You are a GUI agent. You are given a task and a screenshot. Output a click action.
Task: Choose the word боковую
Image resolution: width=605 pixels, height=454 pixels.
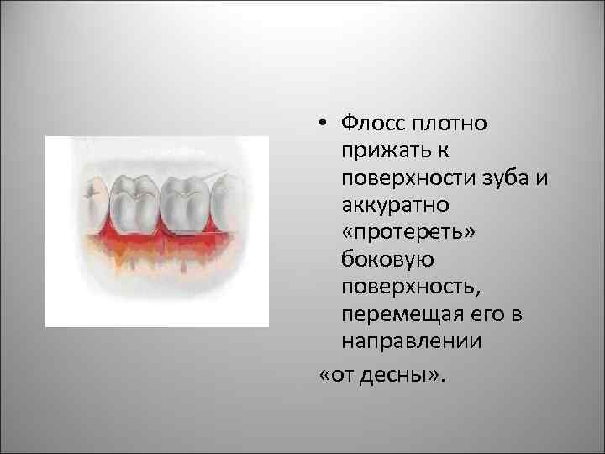379,259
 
